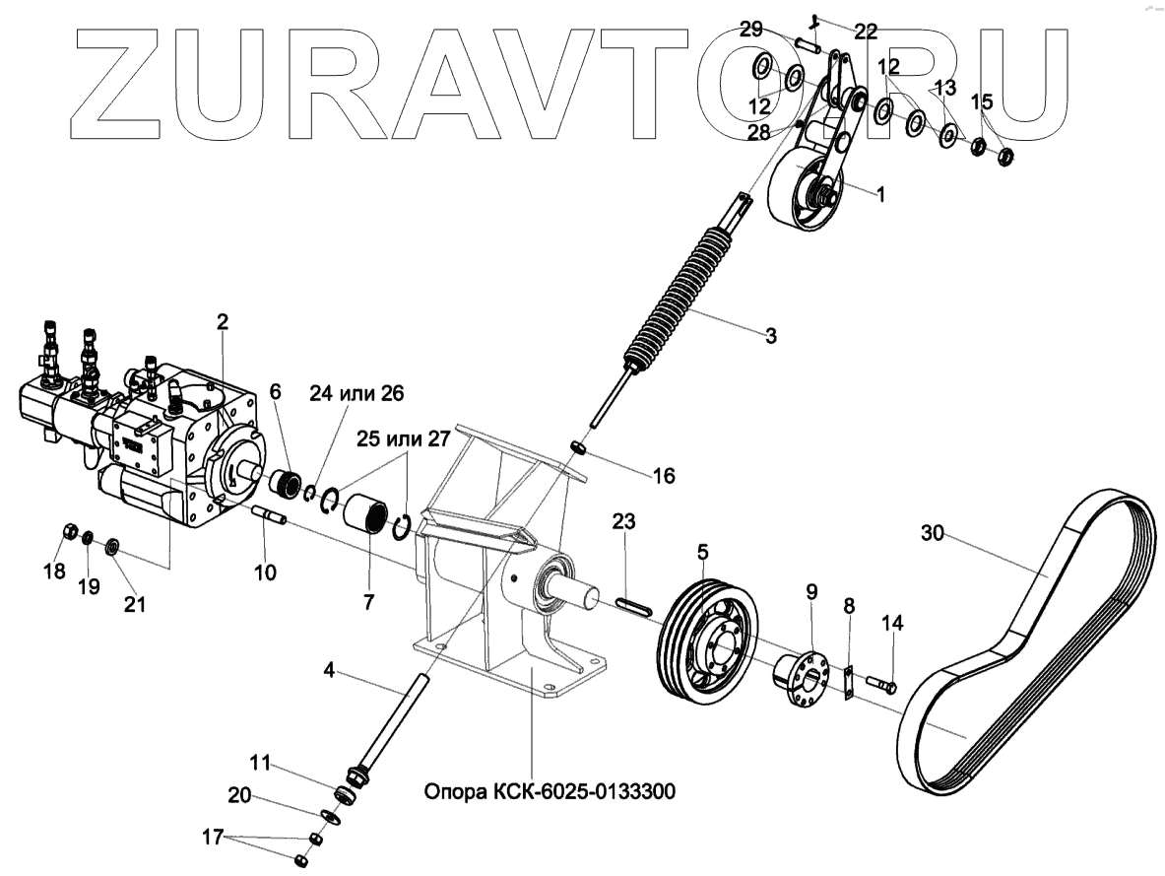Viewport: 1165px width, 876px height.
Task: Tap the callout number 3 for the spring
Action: (x=770, y=335)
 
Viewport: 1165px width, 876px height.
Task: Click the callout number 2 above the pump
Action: (x=223, y=321)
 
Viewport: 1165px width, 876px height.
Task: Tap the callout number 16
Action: (x=664, y=476)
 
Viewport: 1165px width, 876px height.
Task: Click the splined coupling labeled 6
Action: (x=288, y=483)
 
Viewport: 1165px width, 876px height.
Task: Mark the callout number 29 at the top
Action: (x=751, y=30)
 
